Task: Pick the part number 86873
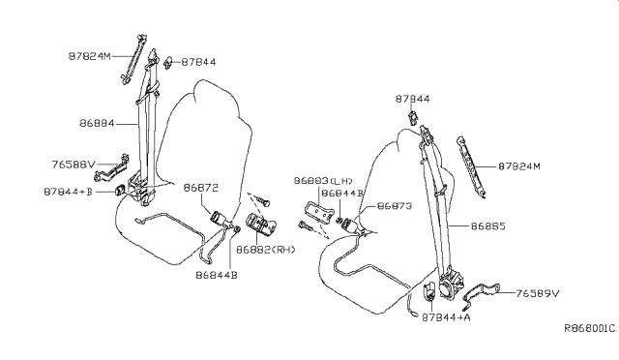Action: [396, 206]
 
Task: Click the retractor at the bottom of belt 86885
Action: [451, 285]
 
